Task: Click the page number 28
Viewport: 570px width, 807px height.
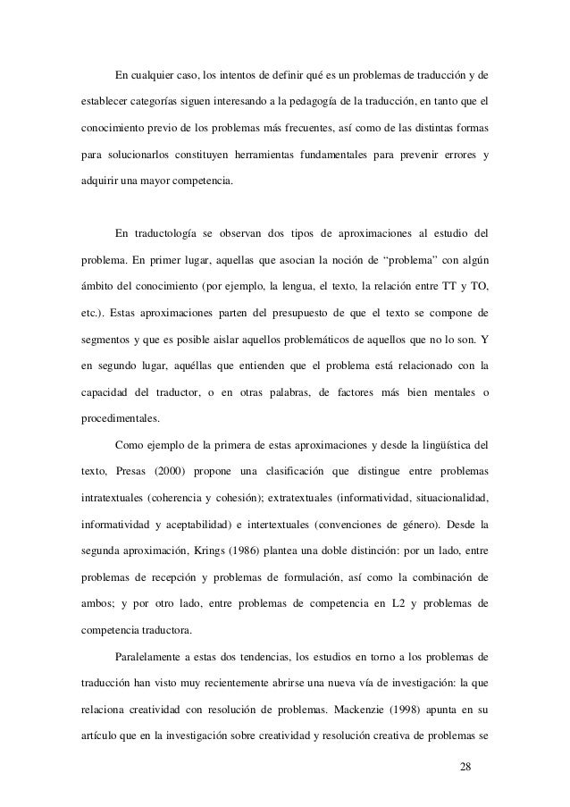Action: pyautogui.click(x=461, y=765)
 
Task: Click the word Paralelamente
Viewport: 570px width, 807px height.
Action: pyautogui.click(x=154, y=660)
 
